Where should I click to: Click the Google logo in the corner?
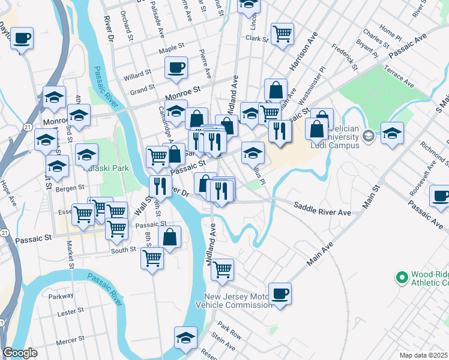coord(20,353)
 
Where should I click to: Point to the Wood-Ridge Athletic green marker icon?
coord(402,277)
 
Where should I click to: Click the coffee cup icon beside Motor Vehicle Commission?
coord(280,293)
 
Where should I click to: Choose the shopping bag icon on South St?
coord(170,236)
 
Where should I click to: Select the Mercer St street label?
coord(70,341)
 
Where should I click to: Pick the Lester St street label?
coord(70,312)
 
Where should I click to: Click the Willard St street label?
coord(137,75)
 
